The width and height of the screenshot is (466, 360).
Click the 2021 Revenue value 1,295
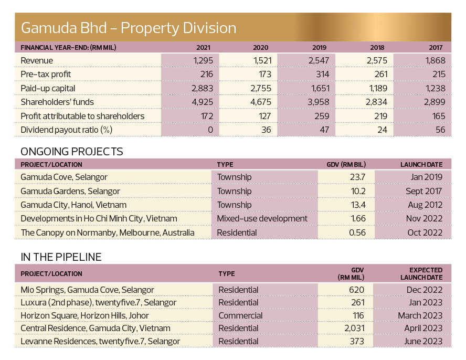[x=203, y=61]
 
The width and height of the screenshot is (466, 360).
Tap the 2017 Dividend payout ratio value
[x=440, y=130]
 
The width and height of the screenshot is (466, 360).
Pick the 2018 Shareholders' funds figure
[x=376, y=102]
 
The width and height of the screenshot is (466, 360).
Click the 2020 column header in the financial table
[x=261, y=48]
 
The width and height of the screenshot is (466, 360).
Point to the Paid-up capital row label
[x=48, y=89]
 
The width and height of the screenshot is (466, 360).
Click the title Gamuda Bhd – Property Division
[x=129, y=28]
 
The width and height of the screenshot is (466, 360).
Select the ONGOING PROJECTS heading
[x=71, y=152]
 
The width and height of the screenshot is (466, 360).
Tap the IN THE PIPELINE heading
[x=61, y=257]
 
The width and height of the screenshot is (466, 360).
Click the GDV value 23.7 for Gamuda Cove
[x=357, y=177]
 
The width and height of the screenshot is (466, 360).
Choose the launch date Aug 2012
[x=425, y=205]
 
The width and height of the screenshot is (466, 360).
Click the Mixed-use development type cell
[x=262, y=219]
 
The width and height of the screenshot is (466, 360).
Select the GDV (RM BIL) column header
[x=346, y=165]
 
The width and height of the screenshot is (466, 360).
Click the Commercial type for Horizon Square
[x=240, y=316]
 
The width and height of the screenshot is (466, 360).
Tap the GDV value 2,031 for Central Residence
[x=354, y=329]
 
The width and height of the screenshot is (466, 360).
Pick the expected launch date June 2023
[x=423, y=341]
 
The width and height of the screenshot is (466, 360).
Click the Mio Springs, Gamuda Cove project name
[x=87, y=290]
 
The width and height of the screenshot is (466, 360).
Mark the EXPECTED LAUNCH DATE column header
[x=421, y=274]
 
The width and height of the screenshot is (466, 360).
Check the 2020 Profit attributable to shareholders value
[x=264, y=116]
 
